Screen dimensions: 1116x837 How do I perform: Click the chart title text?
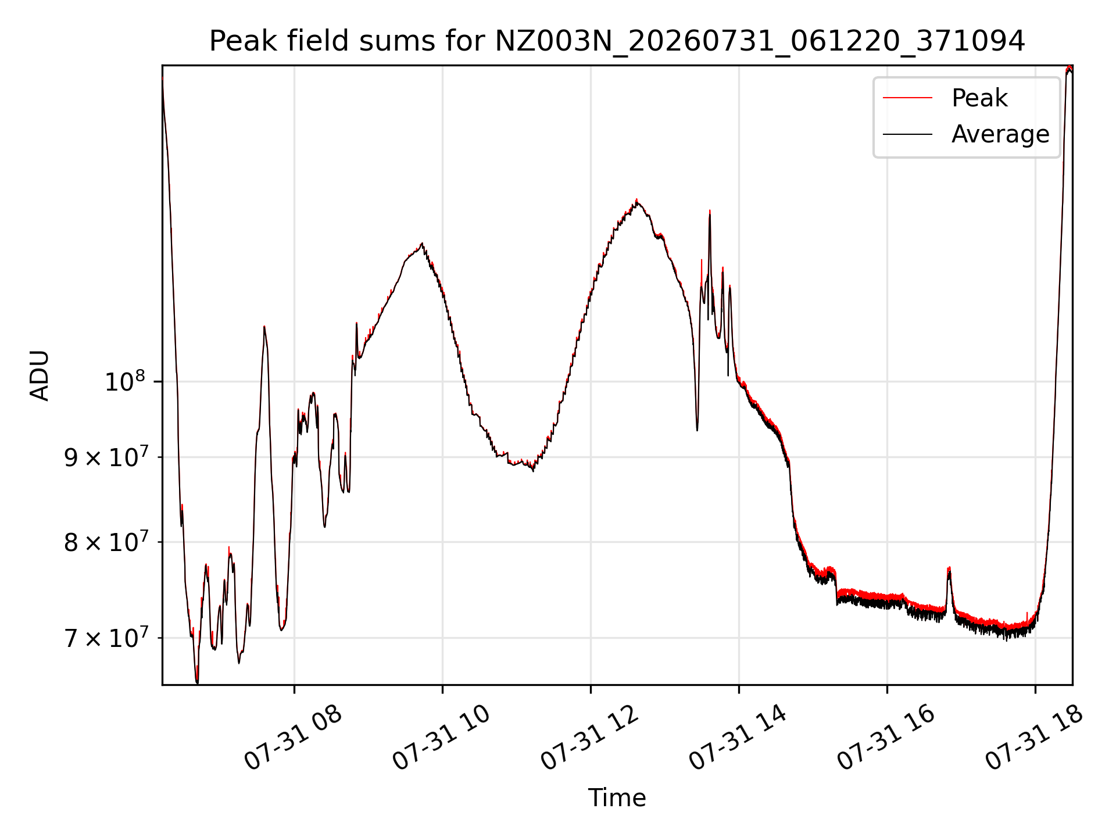[617, 41]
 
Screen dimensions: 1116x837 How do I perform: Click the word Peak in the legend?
[979, 98]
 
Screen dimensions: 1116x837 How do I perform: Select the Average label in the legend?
[1000, 134]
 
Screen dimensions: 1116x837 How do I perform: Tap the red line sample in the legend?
[907, 98]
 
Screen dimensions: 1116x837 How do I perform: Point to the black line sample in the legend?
[907, 134]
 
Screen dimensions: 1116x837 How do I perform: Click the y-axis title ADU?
[40, 375]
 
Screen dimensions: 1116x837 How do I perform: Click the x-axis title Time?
[617, 798]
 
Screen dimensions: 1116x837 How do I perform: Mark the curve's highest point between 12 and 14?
[636, 199]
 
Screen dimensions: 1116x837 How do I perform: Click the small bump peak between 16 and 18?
[949, 568]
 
